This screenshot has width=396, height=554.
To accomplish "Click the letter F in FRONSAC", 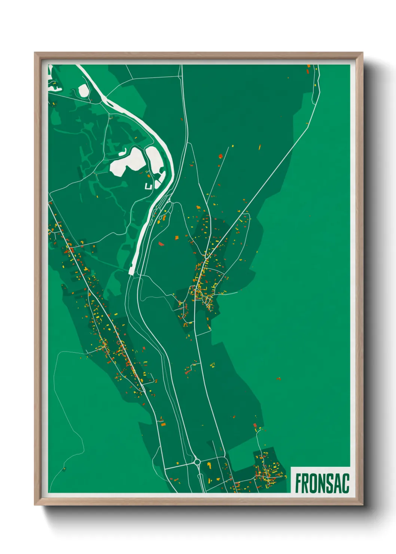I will pyautogui.click(x=299, y=483).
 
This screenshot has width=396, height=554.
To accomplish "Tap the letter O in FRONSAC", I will pyautogui.click(x=314, y=483).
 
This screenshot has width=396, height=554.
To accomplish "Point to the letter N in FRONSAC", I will pyautogui.click(x=322, y=483).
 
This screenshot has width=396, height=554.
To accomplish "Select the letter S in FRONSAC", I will pyautogui.click(x=330, y=483).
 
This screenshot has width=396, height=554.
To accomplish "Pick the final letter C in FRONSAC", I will pyautogui.click(x=345, y=483).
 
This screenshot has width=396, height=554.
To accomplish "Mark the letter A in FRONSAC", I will pyautogui.click(x=338, y=483).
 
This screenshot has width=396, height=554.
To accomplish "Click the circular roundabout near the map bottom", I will pyautogui.click(x=197, y=462).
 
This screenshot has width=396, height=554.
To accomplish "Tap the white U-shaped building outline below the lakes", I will pyautogui.click(x=149, y=186).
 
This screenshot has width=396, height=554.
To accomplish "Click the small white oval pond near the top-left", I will pyautogui.click(x=83, y=90).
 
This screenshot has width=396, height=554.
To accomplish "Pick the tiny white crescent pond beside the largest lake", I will pyautogui.click(x=123, y=152).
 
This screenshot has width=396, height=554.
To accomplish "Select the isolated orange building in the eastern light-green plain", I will pyautogui.click(x=278, y=379).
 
